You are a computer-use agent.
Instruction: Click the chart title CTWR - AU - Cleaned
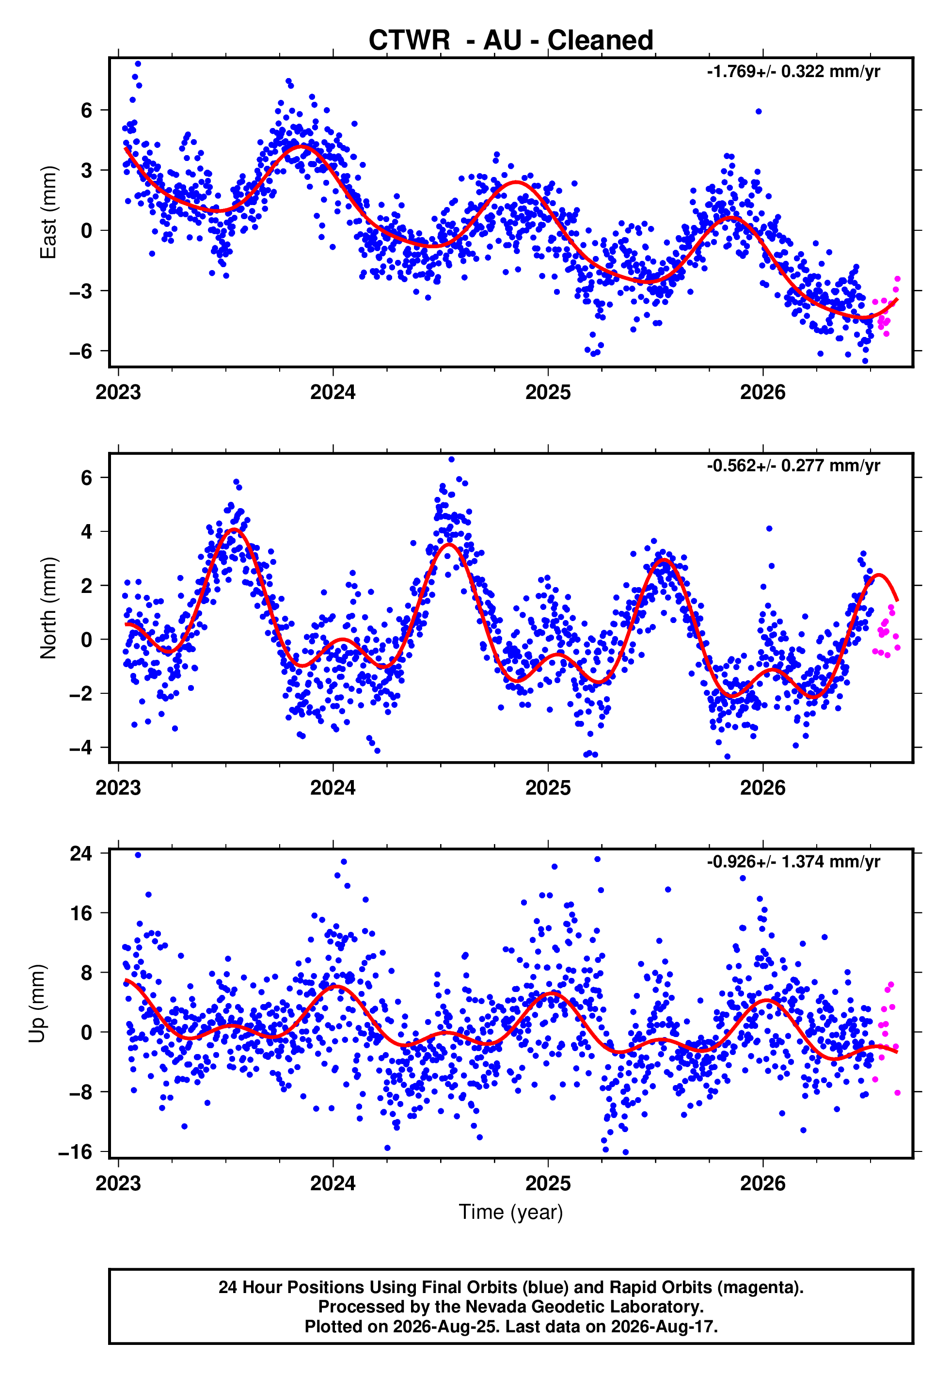point(511,41)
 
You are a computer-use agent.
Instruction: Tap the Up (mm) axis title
point(37,1004)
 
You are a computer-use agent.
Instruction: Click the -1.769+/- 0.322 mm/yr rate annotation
point(793,72)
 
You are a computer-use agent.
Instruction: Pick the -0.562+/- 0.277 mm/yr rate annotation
point(793,465)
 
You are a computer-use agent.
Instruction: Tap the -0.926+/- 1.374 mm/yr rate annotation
point(793,862)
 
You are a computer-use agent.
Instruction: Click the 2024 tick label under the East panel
point(333,392)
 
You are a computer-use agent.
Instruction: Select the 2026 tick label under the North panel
point(763,788)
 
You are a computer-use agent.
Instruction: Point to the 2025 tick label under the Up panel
point(548,1183)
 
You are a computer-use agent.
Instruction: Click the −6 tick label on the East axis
point(80,351)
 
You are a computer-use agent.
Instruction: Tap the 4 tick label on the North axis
point(87,531)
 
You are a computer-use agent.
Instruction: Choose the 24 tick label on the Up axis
point(81,853)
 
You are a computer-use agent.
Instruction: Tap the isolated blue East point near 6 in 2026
point(758,112)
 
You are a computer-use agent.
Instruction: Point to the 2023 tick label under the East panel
point(118,392)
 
